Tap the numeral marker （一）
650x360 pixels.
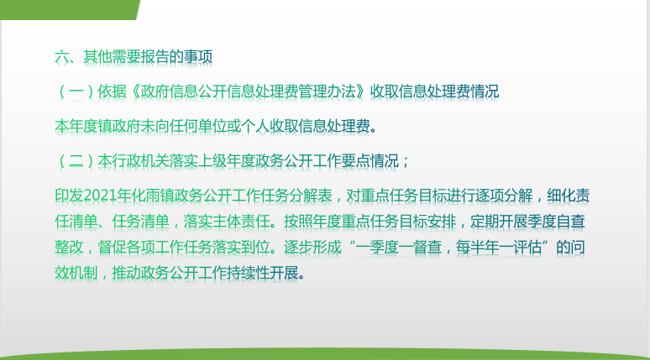click(x=76, y=91)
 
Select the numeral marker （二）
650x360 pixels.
click(x=76, y=161)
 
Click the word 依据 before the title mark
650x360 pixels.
click(x=112, y=91)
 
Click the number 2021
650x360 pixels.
click(x=100, y=196)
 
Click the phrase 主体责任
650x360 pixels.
click(x=241, y=222)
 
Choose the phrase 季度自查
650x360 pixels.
click(x=556, y=222)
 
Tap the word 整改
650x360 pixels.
click(x=69, y=248)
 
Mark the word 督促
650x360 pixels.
click(x=112, y=248)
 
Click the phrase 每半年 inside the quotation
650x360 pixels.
click(x=477, y=248)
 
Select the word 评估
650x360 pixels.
click(x=527, y=248)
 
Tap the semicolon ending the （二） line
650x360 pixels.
click(x=405, y=162)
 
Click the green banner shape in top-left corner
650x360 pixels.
click(x=68, y=9)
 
